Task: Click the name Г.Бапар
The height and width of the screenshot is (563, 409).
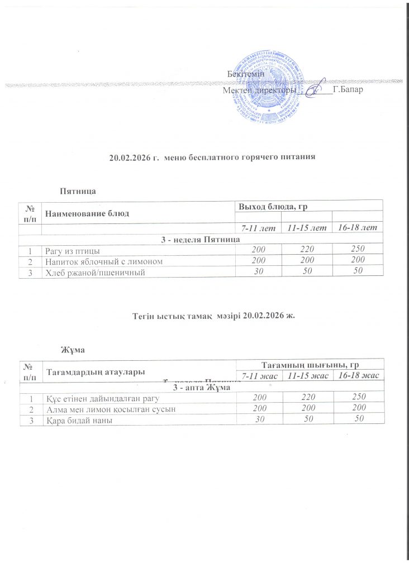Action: pyautogui.click(x=349, y=89)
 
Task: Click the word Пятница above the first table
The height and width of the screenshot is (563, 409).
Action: pyautogui.click(x=78, y=191)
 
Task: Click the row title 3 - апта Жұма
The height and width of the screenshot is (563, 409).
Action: pyautogui.click(x=201, y=387)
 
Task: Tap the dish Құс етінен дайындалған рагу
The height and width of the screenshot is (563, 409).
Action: pyautogui.click(x=92, y=398)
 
